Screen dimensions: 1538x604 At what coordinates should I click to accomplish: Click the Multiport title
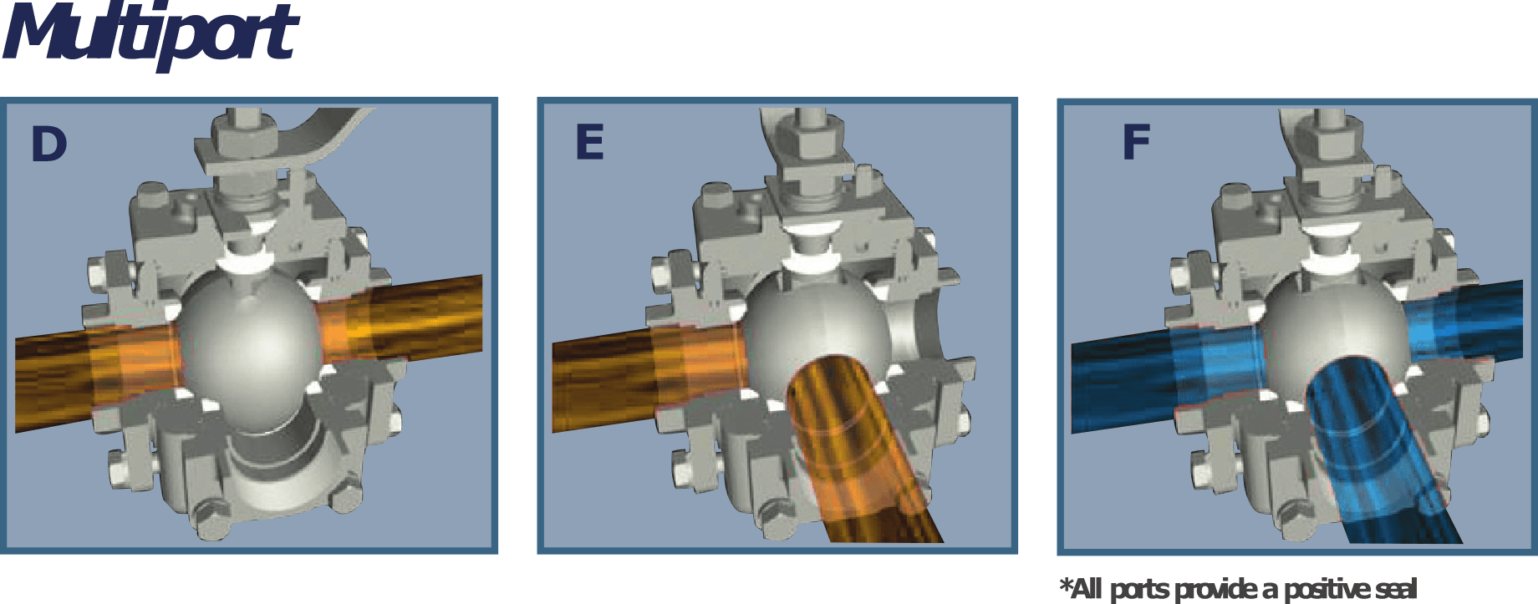150,35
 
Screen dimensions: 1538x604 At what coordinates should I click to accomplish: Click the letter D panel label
48,144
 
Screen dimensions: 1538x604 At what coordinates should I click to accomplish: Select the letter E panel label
589,142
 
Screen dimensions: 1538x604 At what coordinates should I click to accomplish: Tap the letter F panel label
1137,142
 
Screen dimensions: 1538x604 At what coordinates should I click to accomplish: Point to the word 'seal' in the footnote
1396,589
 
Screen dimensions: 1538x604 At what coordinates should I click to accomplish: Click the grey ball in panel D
249,347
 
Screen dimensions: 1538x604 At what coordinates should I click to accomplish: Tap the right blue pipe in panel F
1463,322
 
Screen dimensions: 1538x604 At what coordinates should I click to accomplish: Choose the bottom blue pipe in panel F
1379,451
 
